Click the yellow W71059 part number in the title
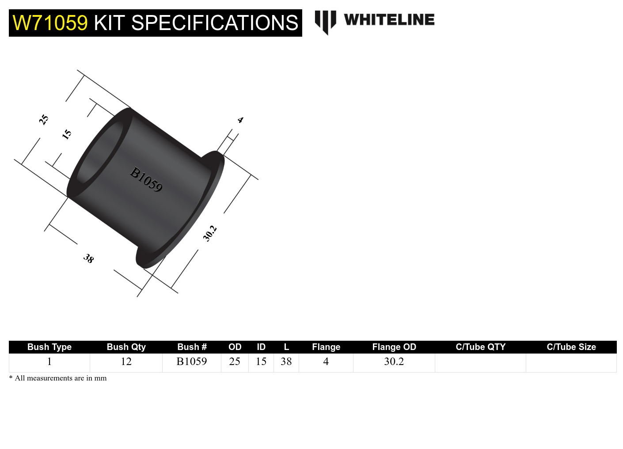pos(50,23)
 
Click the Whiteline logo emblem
pos(325,22)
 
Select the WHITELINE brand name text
pos(389,20)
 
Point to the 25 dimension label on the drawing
pos(43,119)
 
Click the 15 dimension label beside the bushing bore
pos(67,134)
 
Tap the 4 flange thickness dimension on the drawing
pos(240,120)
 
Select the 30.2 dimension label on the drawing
pos(210,233)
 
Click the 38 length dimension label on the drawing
pos(89,259)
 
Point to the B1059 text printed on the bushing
pos(146,179)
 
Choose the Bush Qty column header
pos(126,347)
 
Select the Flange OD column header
pos(394,347)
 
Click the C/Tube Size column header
pos(571,347)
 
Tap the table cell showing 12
pos(126,361)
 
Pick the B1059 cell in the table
pos(191,361)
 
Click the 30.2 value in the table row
pos(394,361)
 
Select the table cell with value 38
pos(286,361)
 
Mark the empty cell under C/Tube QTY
pos(480,362)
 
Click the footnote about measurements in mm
pos(58,378)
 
